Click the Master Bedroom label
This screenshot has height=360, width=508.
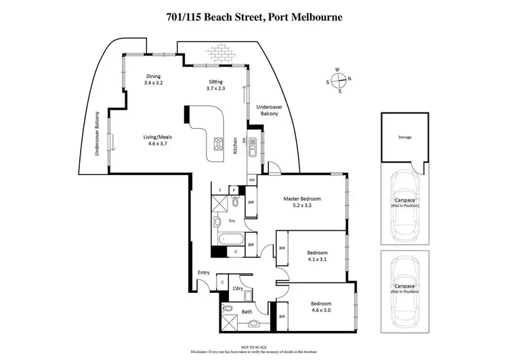coord(301,199)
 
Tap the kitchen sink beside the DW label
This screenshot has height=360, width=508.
coord(252,144)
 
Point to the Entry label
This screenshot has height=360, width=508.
coord(203,273)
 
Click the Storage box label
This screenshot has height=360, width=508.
coord(404,138)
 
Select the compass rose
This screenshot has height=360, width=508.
coord(341,79)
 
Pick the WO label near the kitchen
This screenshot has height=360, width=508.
coord(251,180)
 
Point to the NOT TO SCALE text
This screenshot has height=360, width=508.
coord(253,346)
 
